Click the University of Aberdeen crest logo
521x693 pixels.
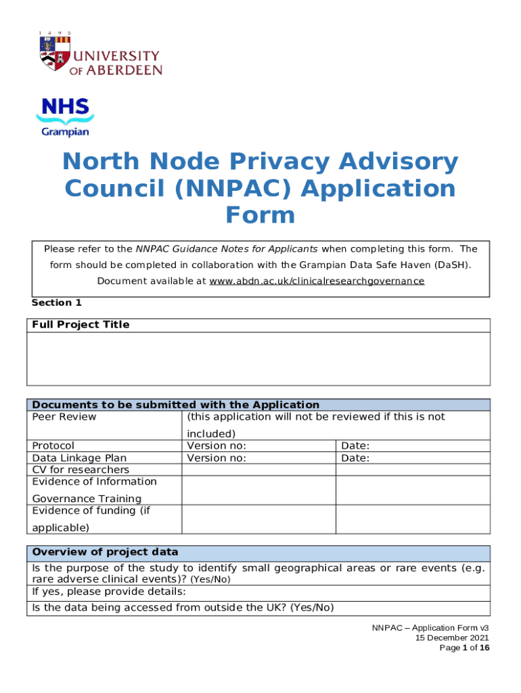click(55, 56)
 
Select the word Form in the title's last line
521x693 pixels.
click(260, 215)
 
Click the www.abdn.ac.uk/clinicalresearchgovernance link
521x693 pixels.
click(316, 281)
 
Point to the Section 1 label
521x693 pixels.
click(56, 303)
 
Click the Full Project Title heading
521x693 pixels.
click(81, 325)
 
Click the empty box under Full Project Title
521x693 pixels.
click(260, 359)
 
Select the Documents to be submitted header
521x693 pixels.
click(175, 405)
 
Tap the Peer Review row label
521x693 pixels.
click(64, 417)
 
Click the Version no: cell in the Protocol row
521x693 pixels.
click(216, 446)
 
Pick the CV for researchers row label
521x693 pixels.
click(81, 470)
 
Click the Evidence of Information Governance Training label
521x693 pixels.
click(94, 490)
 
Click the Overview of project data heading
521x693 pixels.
click(105, 552)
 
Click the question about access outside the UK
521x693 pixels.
click(183, 607)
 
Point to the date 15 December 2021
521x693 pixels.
click(452, 638)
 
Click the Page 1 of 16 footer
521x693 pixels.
click(464, 648)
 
